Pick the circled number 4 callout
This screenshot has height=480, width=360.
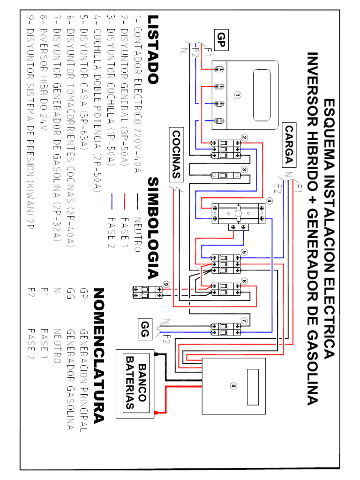point(269,201)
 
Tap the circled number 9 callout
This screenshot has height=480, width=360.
point(166,285)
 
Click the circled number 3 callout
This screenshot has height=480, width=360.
point(244,170)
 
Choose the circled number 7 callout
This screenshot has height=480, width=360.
point(244,321)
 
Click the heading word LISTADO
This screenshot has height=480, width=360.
point(153,49)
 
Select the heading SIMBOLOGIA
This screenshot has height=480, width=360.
point(153,228)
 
